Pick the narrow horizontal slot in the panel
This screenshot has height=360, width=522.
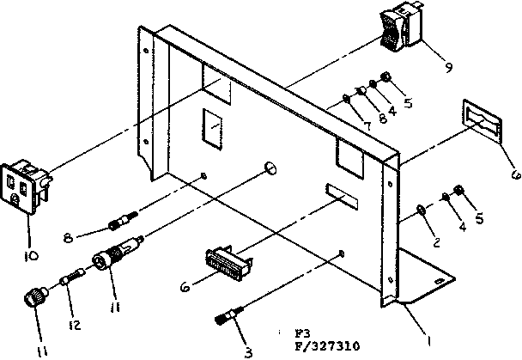click(x=340, y=195)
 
